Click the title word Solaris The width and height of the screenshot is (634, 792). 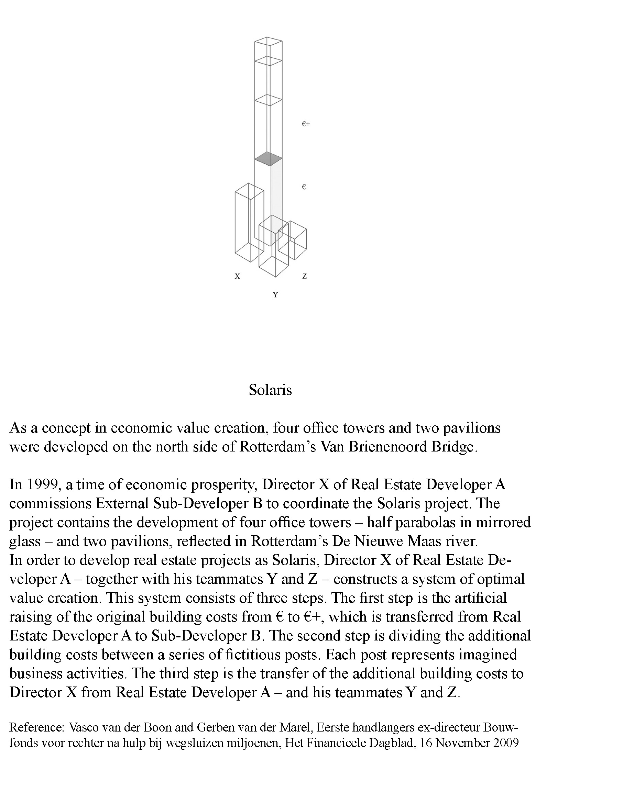270,390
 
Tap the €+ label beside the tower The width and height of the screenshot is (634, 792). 306,124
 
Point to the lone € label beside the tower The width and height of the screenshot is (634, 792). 304,187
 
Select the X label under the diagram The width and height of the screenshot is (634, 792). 238,276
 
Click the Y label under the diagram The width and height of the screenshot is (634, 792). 275,294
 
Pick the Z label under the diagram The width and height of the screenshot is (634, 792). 304,276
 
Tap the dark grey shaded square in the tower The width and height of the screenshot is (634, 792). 269,159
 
